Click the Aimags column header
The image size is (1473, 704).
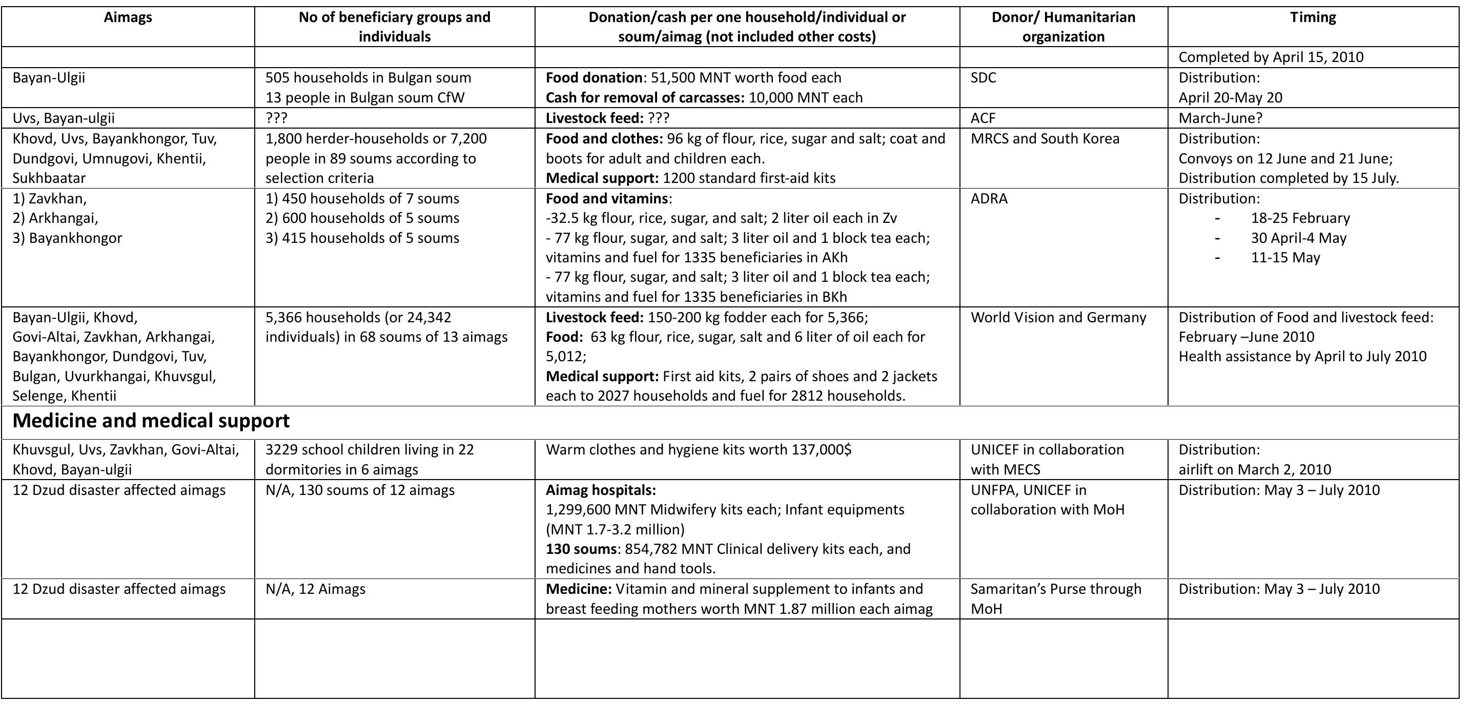coord(128,17)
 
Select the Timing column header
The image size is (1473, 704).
coord(1313,17)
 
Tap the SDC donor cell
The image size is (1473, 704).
coord(983,78)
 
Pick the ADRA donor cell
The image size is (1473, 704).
coord(989,199)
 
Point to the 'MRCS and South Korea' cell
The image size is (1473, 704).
coord(1045,139)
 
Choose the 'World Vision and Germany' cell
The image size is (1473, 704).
coord(1058,318)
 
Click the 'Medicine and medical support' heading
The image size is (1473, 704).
coord(151,421)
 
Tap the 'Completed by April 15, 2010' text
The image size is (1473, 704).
coord(1271,57)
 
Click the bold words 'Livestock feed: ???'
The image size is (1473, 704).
coord(607,118)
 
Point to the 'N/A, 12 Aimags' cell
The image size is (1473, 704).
coord(315,589)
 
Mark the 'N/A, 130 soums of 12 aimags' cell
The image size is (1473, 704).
coord(360,490)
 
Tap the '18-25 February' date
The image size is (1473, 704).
coord(1300,218)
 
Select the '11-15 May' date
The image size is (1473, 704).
coord(1285,258)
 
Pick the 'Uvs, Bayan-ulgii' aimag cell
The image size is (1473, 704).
coord(64,118)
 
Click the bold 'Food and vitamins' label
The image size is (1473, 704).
coord(607,199)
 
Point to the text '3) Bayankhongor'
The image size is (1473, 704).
coord(68,238)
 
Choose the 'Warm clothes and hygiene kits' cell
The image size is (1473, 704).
coord(698,450)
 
